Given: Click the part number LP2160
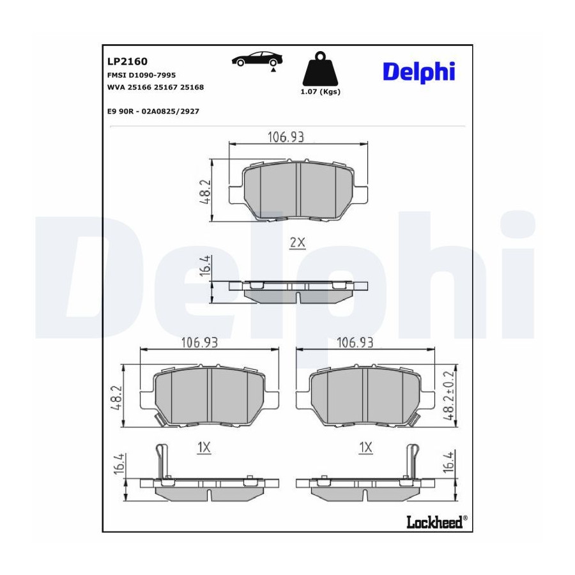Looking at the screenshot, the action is pyautogui.click(x=127, y=61).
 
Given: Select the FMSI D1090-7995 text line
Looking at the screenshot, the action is pyautogui.click(x=142, y=75).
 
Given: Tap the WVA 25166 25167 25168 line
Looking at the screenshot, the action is pyautogui.click(x=155, y=88).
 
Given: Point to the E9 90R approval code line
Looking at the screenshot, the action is pyautogui.click(x=153, y=111).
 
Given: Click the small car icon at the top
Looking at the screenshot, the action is pyautogui.click(x=257, y=59).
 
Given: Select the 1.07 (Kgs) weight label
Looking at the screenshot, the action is pyautogui.click(x=321, y=91).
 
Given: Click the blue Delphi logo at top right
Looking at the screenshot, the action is pyautogui.click(x=419, y=72).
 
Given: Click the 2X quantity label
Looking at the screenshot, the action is pyautogui.click(x=297, y=242).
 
